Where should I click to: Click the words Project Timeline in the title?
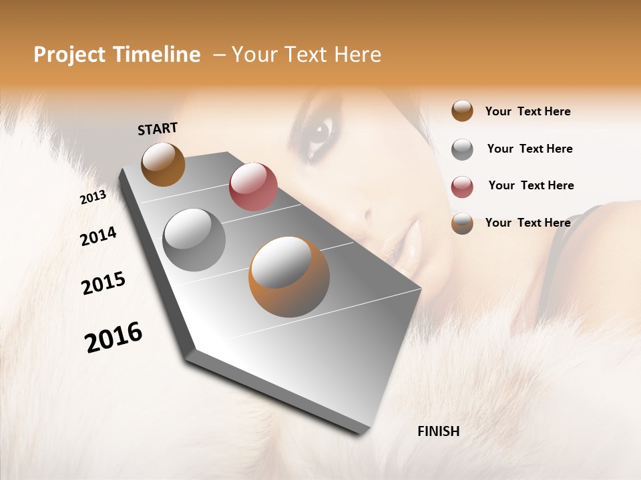click(117, 55)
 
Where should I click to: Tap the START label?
click(158, 129)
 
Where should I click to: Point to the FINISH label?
click(438, 431)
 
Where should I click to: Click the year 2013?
click(93, 197)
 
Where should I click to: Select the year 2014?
click(98, 237)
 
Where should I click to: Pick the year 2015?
click(103, 283)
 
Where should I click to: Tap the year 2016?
click(114, 337)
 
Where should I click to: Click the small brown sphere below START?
click(163, 164)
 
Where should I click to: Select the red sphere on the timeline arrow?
click(253, 187)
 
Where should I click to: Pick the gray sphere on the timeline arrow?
click(194, 240)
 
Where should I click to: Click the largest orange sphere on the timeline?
click(289, 277)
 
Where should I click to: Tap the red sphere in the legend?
click(462, 187)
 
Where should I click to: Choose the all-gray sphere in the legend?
click(462, 149)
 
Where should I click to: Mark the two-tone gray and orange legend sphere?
click(462, 223)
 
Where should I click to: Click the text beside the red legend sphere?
click(531, 185)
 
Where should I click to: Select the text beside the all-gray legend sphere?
click(529, 149)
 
